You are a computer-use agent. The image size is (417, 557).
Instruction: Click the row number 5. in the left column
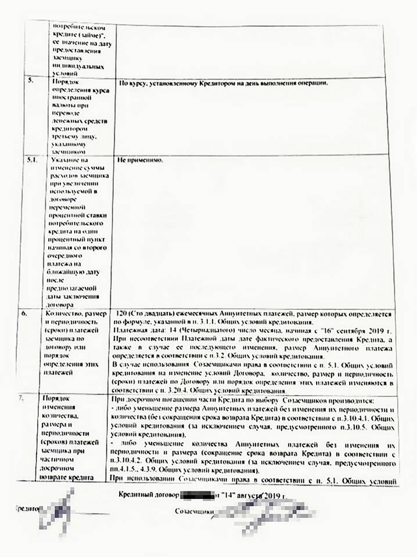click(30, 81)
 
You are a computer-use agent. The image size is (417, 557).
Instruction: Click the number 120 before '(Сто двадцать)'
click(123, 313)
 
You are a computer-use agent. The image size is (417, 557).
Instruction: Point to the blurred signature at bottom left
click(55, 513)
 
